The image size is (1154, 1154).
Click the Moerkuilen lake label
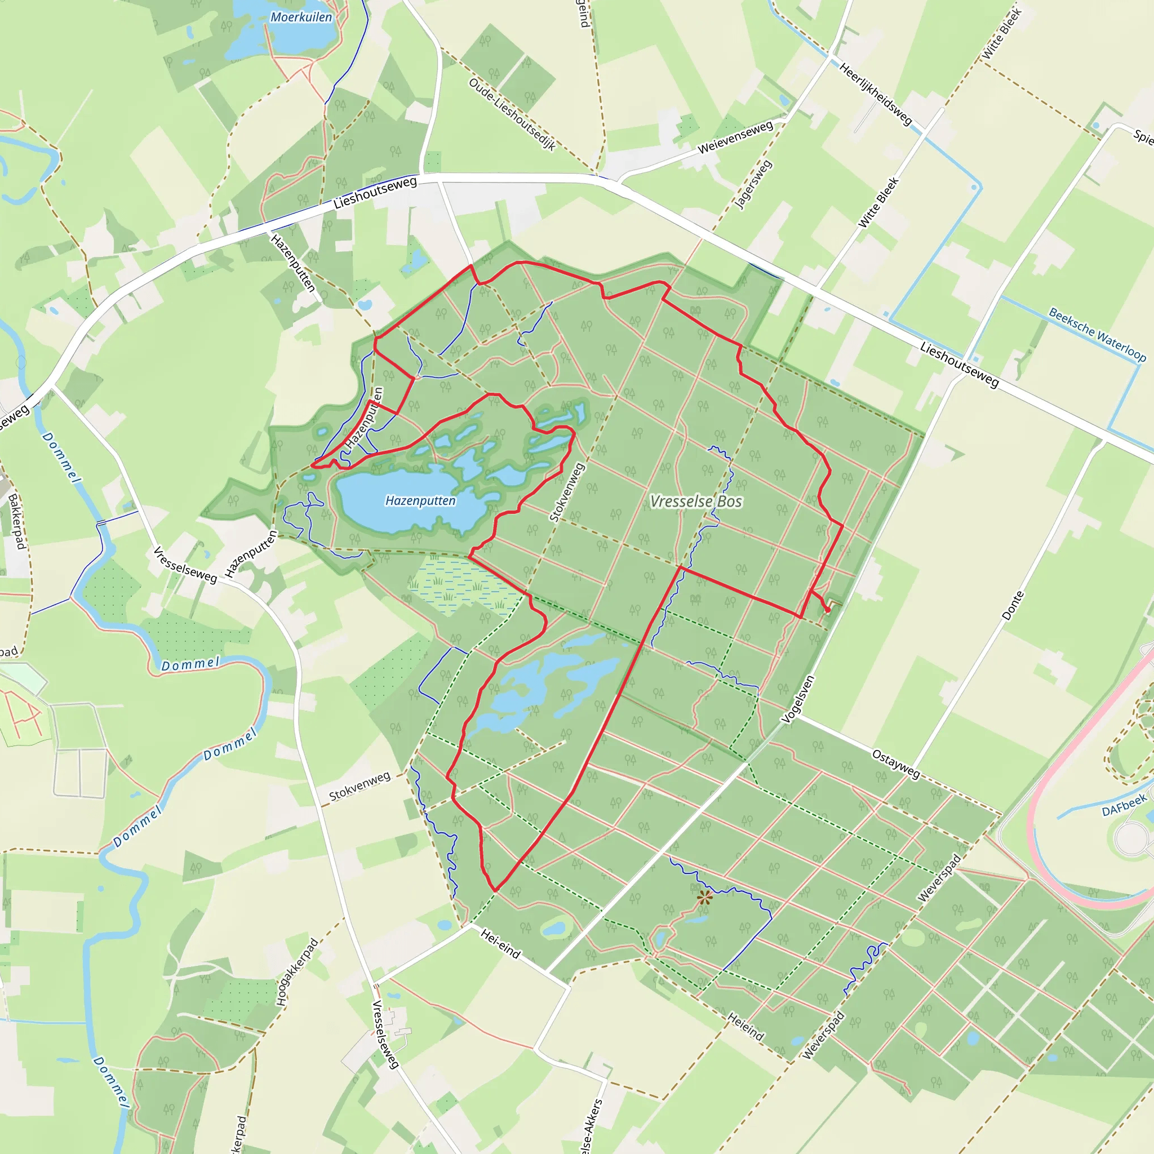[x=301, y=17]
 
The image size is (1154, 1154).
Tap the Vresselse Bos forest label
[x=696, y=501]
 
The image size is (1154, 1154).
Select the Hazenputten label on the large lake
[x=420, y=500]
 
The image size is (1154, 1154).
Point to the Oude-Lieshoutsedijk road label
[x=512, y=113]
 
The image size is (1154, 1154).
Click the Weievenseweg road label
[x=735, y=137]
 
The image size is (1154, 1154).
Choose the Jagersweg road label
[x=753, y=185]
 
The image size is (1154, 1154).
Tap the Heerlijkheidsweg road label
[x=875, y=94]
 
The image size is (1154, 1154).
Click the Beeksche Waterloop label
[x=1097, y=335]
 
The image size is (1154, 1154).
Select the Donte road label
[x=1013, y=605]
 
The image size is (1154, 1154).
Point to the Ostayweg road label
[x=896, y=764]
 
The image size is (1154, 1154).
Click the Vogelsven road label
[x=798, y=699]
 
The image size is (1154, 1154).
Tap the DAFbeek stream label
[x=1125, y=805]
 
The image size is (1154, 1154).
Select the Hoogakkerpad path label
[x=298, y=973]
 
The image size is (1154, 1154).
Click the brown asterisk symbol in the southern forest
[x=705, y=896]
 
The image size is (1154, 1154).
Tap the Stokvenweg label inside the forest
[x=566, y=494]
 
